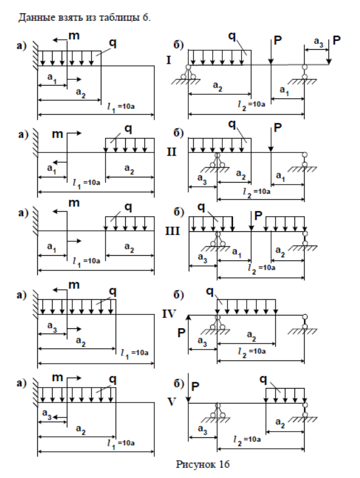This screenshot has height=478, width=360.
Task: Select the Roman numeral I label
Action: (x=168, y=61)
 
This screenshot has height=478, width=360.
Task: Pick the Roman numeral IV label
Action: (x=170, y=314)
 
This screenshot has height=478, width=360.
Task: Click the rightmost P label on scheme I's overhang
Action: (x=337, y=41)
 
